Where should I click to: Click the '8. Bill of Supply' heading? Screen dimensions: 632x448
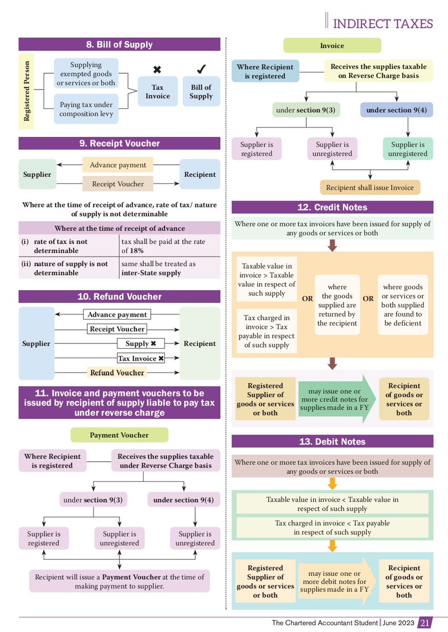pyautogui.click(x=120, y=44)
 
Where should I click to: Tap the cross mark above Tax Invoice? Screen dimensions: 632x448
pyautogui.click(x=157, y=70)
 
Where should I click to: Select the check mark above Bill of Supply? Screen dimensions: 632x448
pyautogui.click(x=201, y=70)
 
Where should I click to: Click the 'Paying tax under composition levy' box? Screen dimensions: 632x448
pyautogui.click(x=86, y=109)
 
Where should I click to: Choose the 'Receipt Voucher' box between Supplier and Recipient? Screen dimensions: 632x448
pyautogui.click(x=117, y=184)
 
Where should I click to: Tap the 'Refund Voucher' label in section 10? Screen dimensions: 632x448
pyautogui.click(x=117, y=372)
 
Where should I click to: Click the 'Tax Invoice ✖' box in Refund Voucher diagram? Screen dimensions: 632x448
pyautogui.click(x=141, y=358)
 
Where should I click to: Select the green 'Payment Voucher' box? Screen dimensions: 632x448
pyautogui.click(x=120, y=435)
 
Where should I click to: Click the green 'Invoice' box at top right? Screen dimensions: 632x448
pyautogui.click(x=332, y=46)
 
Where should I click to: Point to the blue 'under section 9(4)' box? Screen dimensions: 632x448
pyautogui.click(x=397, y=110)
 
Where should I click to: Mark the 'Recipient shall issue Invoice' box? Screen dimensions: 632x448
pyautogui.click(x=370, y=187)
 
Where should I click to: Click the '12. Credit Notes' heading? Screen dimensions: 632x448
pyautogui.click(x=332, y=207)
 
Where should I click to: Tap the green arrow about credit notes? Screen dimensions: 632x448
pyautogui.click(x=337, y=399)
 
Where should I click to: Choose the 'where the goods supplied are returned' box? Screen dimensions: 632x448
pyautogui.click(x=337, y=305)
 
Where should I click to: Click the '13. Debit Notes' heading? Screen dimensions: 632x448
pyautogui.click(x=332, y=441)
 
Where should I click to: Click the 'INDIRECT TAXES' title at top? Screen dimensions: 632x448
pyautogui.click(x=383, y=24)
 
